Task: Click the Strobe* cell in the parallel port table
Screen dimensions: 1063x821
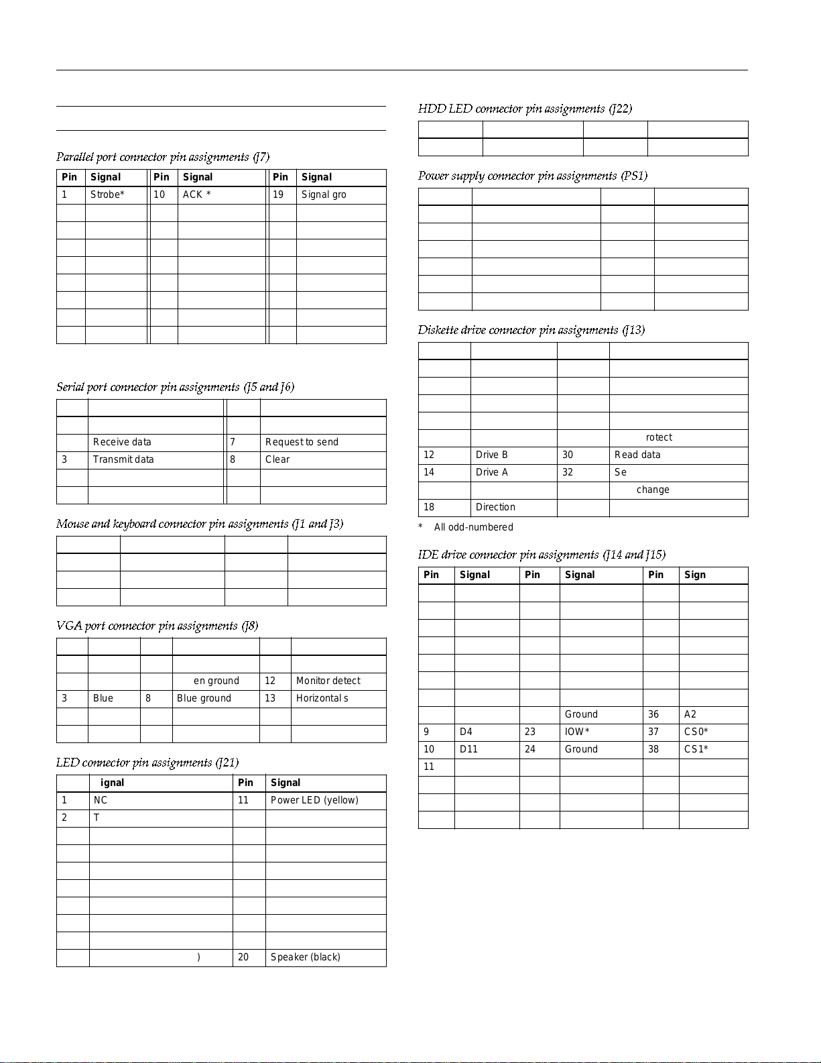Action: (x=108, y=194)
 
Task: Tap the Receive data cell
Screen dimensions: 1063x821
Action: (x=122, y=442)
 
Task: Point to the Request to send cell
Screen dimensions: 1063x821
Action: (x=302, y=442)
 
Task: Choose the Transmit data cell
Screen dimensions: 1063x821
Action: (x=123, y=459)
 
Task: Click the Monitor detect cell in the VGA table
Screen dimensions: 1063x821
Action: (x=328, y=681)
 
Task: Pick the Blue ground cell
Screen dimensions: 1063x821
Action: (x=204, y=698)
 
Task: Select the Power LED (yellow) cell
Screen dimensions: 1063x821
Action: (x=314, y=800)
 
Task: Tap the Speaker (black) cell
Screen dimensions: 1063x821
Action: (x=305, y=957)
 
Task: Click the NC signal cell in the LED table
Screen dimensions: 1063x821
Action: (x=101, y=800)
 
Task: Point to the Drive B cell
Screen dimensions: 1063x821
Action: (x=491, y=455)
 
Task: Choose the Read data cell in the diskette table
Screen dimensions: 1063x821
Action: (x=637, y=455)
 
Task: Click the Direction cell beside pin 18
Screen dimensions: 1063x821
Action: (x=495, y=507)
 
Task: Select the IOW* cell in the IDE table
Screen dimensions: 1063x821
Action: (x=577, y=732)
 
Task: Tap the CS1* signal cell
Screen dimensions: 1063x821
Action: (x=696, y=749)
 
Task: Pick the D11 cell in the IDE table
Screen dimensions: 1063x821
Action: (x=468, y=749)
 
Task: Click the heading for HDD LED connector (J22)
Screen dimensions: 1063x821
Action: (x=525, y=109)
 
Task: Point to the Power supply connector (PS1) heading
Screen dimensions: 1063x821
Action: (x=533, y=176)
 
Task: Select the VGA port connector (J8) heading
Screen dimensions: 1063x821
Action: (x=157, y=626)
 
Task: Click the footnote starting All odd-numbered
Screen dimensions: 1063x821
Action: (x=473, y=527)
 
